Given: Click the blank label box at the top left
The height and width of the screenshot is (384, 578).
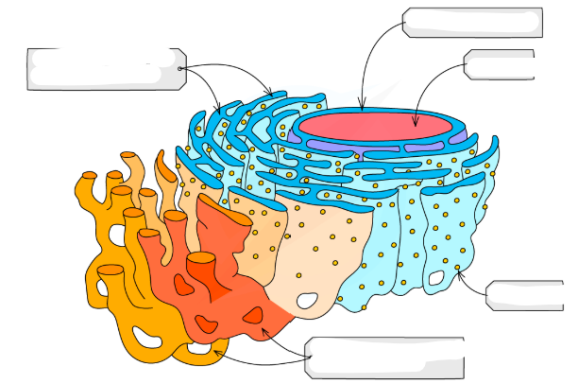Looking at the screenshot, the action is (104, 69).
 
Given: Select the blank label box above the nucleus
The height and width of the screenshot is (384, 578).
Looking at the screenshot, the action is (472, 22).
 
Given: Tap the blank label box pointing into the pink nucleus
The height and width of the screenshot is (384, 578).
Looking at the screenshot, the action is (501, 65).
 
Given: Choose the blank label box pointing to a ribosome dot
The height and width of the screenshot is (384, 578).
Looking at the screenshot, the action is (525, 295).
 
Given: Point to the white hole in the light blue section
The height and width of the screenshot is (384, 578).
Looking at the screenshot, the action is (437, 278).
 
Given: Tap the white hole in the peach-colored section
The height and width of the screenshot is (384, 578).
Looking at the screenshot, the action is (308, 303).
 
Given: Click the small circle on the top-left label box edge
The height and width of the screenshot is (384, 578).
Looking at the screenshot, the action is (180, 68).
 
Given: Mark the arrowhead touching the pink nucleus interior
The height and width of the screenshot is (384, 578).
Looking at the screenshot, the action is (416, 123).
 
